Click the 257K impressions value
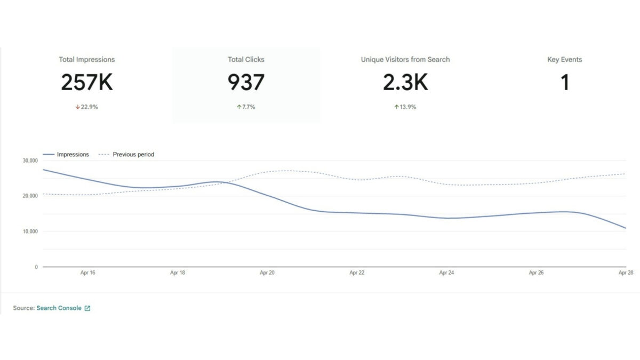coord(86,83)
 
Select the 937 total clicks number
coord(246,83)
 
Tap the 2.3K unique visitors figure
coord(405,83)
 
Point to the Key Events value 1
coord(565,83)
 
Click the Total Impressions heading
coord(86,60)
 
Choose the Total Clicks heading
coord(246,60)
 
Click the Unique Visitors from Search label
coord(405,60)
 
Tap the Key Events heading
coord(565,60)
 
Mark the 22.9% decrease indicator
coord(86,107)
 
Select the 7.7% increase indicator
coord(246,107)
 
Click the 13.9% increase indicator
coord(405,107)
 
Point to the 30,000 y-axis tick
coord(30,161)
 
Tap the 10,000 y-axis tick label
coord(30,231)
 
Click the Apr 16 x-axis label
coord(88,273)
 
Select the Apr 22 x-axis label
coord(357,273)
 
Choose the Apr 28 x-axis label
coord(625,273)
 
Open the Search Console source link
coord(59,308)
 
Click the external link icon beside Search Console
coord(87,308)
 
